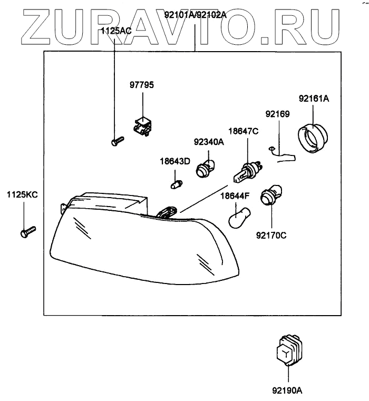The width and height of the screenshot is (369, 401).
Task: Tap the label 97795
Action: click(x=142, y=85)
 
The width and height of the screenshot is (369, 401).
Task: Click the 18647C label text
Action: click(x=243, y=131)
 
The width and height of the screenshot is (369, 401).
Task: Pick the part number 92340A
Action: click(x=209, y=142)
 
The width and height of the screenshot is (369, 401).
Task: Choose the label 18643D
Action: click(x=175, y=161)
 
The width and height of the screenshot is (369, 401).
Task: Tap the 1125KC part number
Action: click(x=22, y=194)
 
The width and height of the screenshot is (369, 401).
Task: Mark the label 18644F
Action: click(x=235, y=195)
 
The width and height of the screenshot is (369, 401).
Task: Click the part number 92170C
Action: click(x=272, y=236)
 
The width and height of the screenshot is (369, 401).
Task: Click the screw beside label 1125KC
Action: click(x=27, y=231)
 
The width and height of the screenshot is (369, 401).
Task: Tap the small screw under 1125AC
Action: click(x=117, y=141)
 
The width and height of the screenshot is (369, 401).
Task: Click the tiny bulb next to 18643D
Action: click(x=177, y=184)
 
